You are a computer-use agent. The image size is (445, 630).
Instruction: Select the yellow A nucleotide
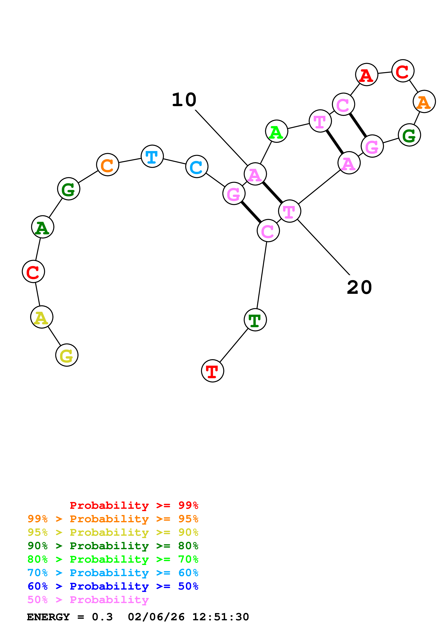[42, 317]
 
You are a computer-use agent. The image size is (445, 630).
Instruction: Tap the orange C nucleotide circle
[108, 165]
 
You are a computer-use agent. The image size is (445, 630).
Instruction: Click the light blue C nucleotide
[197, 166]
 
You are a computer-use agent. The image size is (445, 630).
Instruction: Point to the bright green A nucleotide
[277, 131]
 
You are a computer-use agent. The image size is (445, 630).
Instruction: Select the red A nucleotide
[367, 74]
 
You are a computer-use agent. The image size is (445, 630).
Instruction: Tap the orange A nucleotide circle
[424, 101]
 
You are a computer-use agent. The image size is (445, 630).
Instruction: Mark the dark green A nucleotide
[43, 227]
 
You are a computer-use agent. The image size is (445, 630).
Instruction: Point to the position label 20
[359, 288]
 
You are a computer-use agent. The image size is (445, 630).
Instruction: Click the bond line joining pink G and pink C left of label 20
[251, 212]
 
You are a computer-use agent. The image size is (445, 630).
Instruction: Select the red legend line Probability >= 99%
[134, 505]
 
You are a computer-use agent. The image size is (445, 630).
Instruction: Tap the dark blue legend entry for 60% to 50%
[113, 586]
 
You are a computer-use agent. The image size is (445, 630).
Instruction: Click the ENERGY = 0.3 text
[70, 617]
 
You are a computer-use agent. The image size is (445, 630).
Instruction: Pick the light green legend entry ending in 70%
[113, 559]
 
